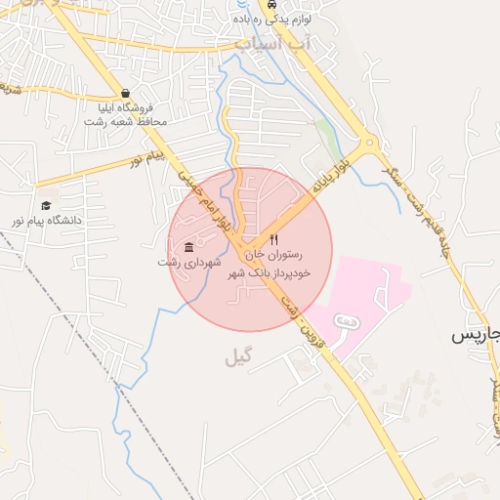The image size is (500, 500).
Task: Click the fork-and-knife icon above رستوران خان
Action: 274,239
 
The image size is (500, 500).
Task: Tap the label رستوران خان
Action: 274,255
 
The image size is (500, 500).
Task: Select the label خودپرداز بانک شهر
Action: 269,273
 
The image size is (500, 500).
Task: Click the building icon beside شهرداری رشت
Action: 187,248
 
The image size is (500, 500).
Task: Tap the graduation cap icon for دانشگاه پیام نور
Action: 46,205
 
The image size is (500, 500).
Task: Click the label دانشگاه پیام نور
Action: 46,221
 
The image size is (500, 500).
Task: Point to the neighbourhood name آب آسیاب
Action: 271,44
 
